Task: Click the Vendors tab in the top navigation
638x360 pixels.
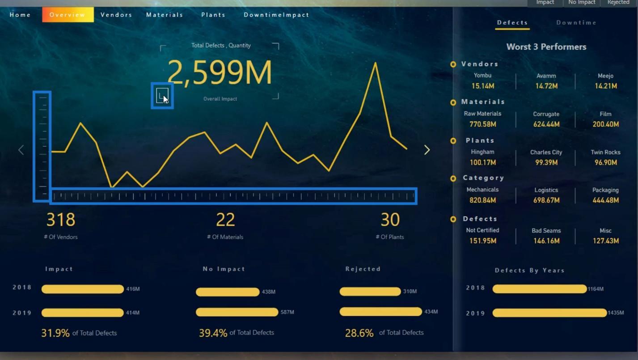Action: (x=116, y=15)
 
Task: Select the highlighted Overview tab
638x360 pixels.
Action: (x=68, y=15)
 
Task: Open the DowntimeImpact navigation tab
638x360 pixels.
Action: (x=276, y=15)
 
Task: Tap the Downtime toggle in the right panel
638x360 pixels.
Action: (x=576, y=22)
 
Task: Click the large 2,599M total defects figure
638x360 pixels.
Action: (x=220, y=72)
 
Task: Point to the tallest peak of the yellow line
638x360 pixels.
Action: (x=375, y=63)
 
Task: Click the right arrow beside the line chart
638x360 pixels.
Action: (x=427, y=150)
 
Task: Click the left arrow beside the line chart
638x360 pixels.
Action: (x=21, y=150)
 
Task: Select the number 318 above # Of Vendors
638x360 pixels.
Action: (x=61, y=220)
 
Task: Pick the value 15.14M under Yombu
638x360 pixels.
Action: (x=482, y=86)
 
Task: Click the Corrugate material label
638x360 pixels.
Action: (x=546, y=114)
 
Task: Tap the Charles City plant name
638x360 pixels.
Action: (x=546, y=152)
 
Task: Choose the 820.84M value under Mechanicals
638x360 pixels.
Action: (x=482, y=200)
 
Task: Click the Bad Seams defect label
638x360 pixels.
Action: (x=546, y=231)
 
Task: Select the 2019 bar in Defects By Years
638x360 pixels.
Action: (x=549, y=313)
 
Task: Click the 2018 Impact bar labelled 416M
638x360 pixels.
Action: (x=83, y=289)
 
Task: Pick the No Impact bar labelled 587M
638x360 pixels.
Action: (x=237, y=312)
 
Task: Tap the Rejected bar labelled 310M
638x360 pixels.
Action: (x=370, y=292)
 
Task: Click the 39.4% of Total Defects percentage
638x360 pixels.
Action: (x=213, y=333)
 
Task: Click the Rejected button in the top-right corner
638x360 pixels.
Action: (x=618, y=3)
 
